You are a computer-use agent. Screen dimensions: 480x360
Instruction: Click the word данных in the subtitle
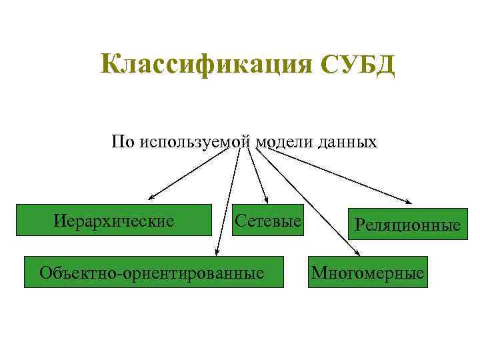coord(343,142)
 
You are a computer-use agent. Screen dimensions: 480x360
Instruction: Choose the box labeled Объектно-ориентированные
coord(153,272)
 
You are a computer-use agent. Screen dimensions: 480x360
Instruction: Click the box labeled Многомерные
coord(367,273)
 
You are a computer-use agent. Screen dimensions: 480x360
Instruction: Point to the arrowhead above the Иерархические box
coord(152,198)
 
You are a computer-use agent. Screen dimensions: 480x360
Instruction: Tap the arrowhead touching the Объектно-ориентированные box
coord(217,252)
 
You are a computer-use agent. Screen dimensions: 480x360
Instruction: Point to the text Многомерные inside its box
coord(367,273)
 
